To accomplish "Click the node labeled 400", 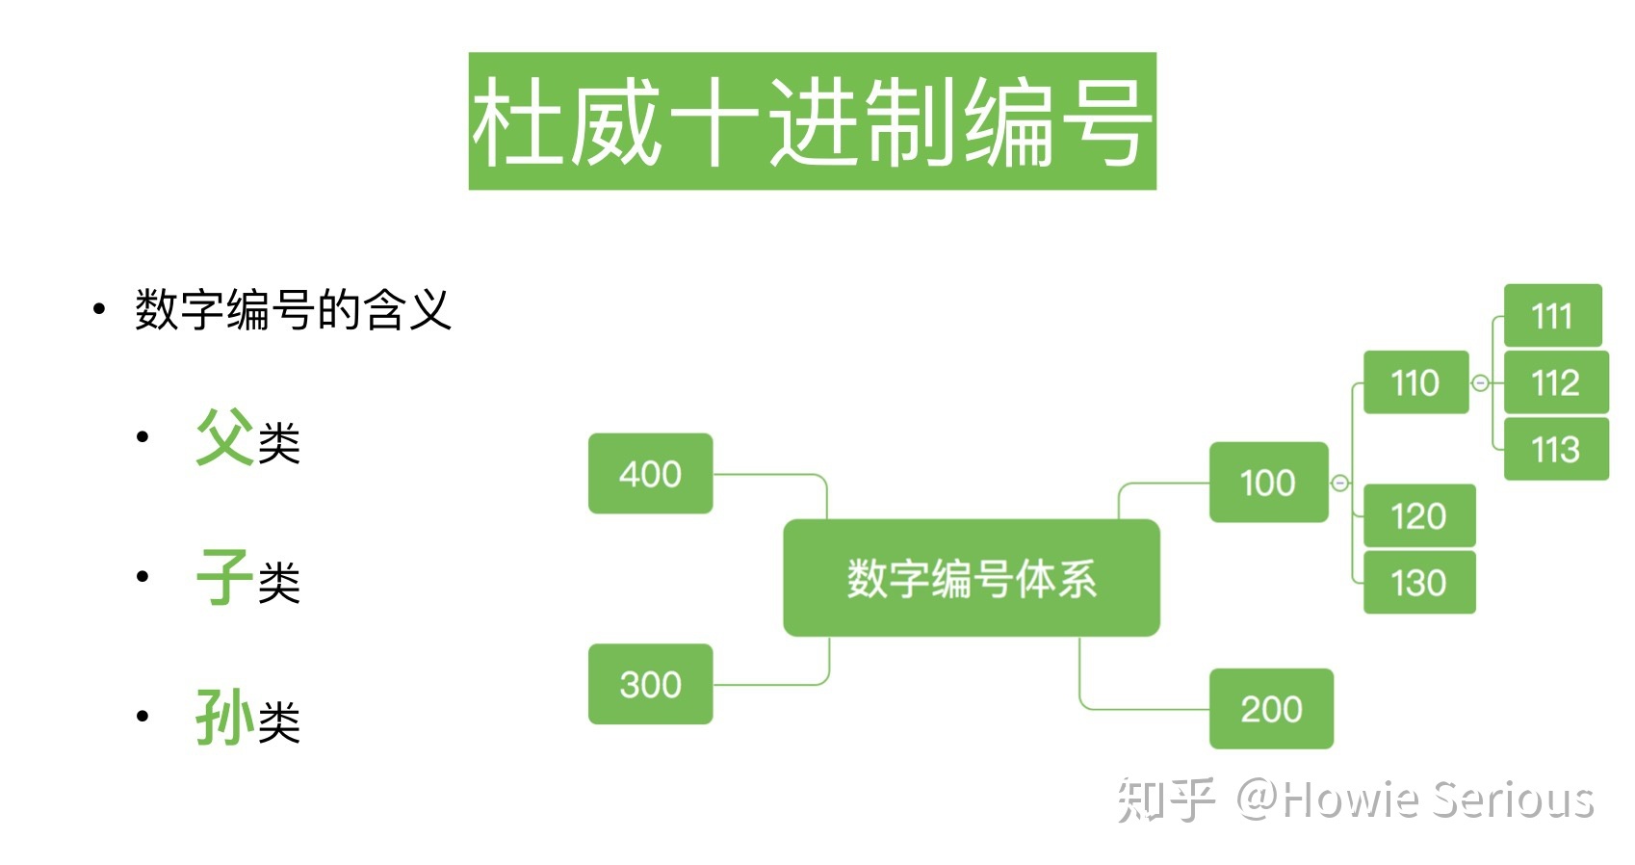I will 650,474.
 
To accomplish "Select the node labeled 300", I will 650,684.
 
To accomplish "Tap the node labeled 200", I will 1271,709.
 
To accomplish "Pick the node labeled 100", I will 1268,483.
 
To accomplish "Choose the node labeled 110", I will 1415,382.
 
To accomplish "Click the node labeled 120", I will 1419,516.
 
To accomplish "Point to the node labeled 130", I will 1419,583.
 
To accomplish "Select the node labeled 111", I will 1552,316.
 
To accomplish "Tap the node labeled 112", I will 1556,382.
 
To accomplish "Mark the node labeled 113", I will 1556,449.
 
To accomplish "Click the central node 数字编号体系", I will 971,578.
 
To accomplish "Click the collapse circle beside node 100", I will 1339,483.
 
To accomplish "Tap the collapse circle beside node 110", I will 1481,383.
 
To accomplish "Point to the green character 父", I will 224,437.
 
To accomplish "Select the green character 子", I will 224,577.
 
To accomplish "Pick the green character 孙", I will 224,717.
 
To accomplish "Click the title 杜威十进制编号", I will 812,121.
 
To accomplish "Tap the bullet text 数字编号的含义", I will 293,310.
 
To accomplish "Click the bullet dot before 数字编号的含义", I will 98,309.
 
